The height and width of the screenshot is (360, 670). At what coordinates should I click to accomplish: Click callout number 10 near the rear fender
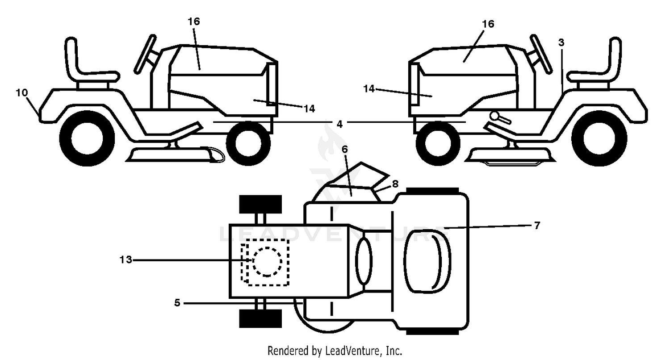click(x=22, y=93)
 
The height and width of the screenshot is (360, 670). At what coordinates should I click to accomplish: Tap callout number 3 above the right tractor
click(x=561, y=43)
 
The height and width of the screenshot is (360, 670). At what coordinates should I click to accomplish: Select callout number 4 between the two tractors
click(x=339, y=124)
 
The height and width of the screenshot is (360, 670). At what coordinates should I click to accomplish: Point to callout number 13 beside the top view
click(x=126, y=260)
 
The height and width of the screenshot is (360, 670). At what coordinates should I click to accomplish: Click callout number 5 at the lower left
click(x=177, y=303)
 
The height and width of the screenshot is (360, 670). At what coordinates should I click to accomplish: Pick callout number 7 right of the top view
click(x=537, y=226)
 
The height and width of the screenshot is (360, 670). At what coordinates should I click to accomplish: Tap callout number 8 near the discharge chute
click(x=395, y=184)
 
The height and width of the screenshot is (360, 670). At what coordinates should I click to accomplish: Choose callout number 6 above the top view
click(x=344, y=149)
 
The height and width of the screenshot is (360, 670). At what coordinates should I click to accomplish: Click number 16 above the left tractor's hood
click(x=194, y=21)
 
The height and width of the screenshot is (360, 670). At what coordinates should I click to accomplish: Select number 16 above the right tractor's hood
click(x=488, y=24)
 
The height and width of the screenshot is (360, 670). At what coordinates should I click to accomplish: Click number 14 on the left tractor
click(x=309, y=109)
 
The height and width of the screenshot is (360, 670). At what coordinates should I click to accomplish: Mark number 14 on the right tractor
click(x=369, y=89)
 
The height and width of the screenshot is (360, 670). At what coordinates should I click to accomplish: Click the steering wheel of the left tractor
click(x=145, y=54)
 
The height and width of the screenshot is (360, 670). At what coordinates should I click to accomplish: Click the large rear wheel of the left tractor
click(x=87, y=138)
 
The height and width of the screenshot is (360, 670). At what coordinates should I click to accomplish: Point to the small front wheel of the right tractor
click(x=438, y=143)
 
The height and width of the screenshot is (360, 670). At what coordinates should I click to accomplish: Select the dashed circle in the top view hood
click(x=267, y=262)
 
